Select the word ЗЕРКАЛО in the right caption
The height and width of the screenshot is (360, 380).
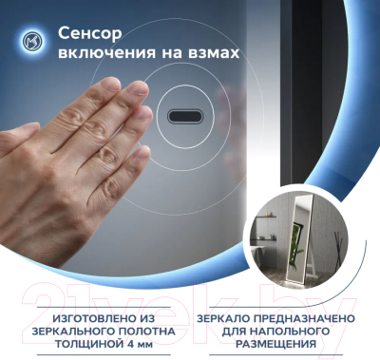pyautogui.click(x=229, y=317)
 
